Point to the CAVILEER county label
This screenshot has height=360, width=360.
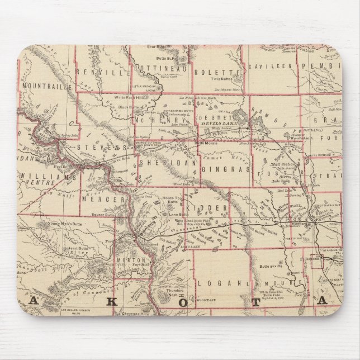click(270, 65)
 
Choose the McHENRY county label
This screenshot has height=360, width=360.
click(159, 120)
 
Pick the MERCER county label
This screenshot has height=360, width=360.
click(102, 199)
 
